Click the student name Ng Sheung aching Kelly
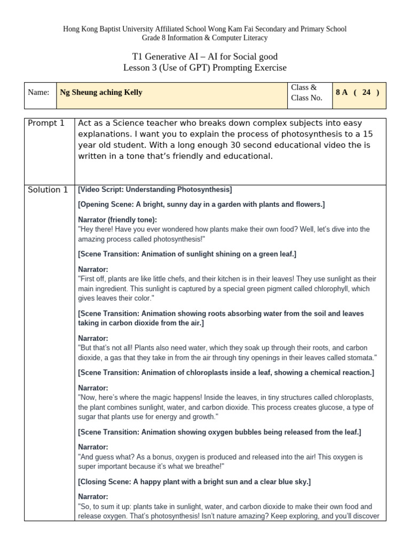101,92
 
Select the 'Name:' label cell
38,92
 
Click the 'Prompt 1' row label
46,123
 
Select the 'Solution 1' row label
48,190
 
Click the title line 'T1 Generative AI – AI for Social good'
205,57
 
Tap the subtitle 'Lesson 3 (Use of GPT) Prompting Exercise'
205,68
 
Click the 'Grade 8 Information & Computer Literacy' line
205,38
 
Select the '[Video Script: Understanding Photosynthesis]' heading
155,189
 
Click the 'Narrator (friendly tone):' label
117,220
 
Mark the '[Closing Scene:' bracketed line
104,481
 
